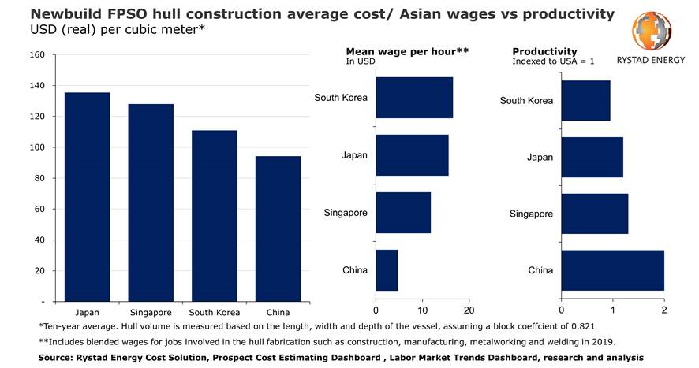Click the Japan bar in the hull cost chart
[x=87, y=197]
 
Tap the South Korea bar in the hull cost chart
[x=215, y=216]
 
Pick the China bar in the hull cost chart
[x=278, y=229]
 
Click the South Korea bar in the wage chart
[x=414, y=98]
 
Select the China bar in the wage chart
[x=387, y=270]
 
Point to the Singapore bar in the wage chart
[x=403, y=213]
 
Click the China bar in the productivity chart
[x=612, y=270]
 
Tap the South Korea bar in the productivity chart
[x=585, y=100]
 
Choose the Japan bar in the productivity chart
[x=592, y=157]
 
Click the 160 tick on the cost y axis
[x=37, y=54]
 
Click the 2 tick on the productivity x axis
[x=664, y=310]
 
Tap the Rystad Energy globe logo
[x=652, y=33]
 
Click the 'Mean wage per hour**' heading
[x=407, y=51]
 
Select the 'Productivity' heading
[x=544, y=51]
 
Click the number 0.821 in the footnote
[x=580, y=326]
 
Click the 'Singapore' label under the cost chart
[x=151, y=310]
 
